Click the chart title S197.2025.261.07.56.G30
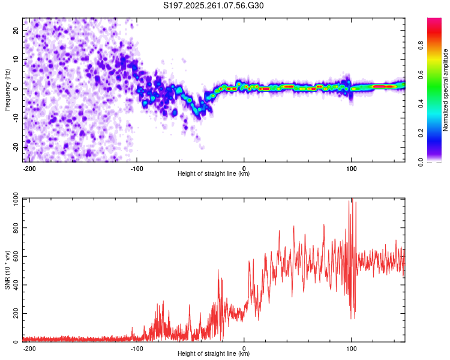[214, 6]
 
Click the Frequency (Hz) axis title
[7, 89]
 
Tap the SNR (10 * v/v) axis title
[7, 270]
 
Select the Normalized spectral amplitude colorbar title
[446, 89]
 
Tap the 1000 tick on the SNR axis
[12, 199]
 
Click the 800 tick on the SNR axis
[14, 228]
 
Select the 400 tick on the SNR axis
[14, 285]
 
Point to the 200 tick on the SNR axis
[14, 314]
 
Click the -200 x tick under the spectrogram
[29, 167]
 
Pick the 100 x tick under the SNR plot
[351, 347]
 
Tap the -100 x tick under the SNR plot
[136, 347]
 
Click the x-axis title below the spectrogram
[214, 174]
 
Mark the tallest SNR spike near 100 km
[352, 200]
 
